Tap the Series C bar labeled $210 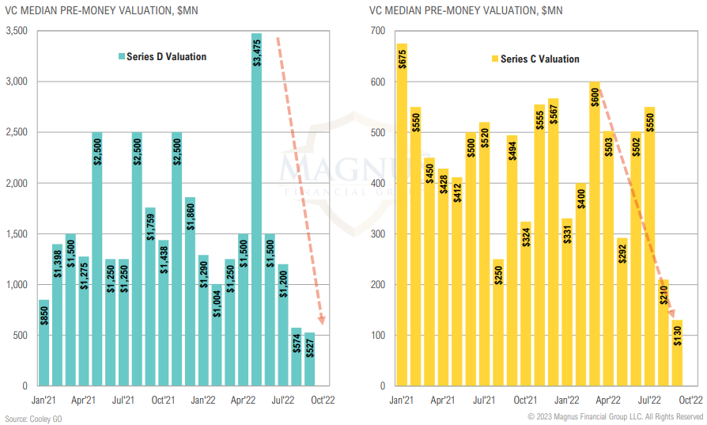pyautogui.click(x=663, y=332)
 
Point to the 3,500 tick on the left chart pyautogui.click(x=16, y=31)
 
